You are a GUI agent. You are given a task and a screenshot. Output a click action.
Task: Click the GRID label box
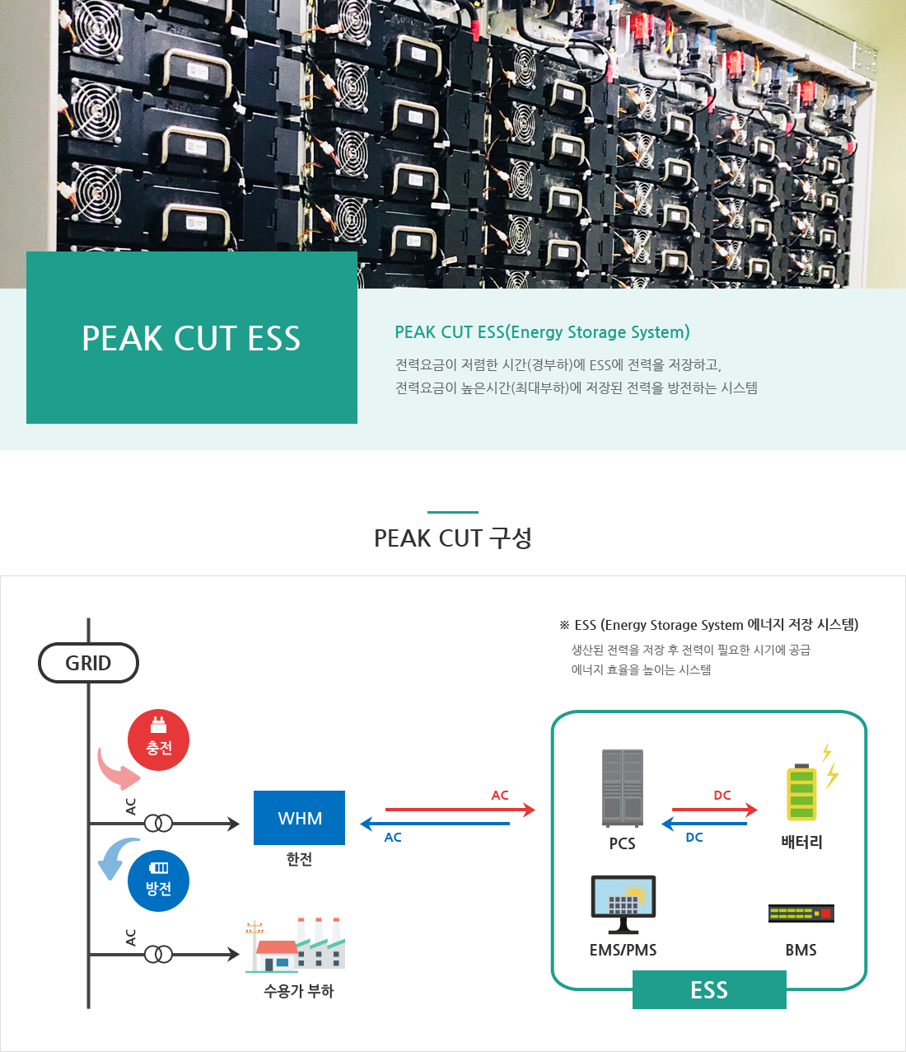pos(88,663)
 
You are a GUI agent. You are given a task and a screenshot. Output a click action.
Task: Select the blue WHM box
pos(300,817)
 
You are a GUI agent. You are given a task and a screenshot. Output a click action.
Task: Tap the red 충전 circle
pos(159,740)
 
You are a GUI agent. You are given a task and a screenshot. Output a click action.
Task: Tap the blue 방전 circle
pos(159,881)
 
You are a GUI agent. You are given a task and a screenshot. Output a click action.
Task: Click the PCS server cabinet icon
pos(623,788)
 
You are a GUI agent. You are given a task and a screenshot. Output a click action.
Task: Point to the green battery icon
pos(801,792)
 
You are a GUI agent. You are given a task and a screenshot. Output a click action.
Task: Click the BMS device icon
pos(801,913)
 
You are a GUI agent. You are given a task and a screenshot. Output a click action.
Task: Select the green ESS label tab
pos(709,989)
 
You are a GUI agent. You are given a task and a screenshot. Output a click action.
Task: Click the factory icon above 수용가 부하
pos(296,945)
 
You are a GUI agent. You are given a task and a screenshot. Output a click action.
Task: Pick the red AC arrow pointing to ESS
pos(460,810)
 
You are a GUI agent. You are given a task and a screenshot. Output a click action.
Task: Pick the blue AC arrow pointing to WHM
pos(435,824)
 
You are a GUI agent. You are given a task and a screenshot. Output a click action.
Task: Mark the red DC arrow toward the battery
pos(715,810)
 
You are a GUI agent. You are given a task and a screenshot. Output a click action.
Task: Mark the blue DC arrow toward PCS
pos(704,824)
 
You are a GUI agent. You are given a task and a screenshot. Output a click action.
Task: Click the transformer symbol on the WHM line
pos(159,823)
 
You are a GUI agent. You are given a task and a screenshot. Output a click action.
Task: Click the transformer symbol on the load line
pos(159,954)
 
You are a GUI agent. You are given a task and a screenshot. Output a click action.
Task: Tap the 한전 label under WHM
pos(299,859)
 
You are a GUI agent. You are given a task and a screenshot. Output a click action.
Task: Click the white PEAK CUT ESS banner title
pos(191,338)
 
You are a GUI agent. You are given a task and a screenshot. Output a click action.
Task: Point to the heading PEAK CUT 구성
pos(452,538)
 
